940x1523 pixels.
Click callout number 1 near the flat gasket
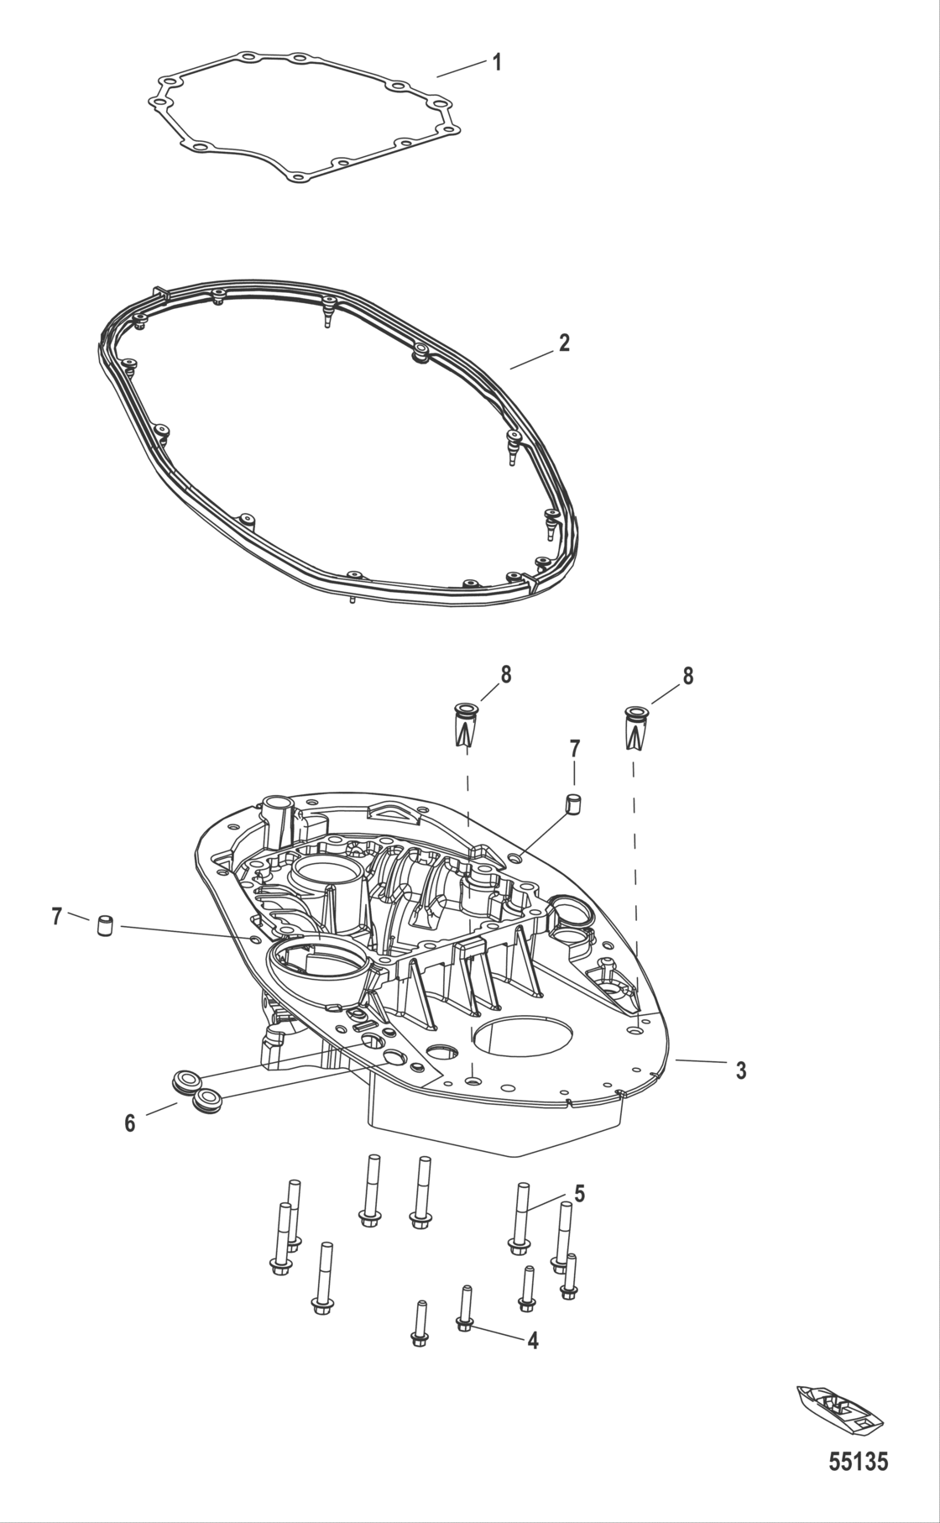(497, 62)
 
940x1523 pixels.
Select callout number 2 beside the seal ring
(564, 343)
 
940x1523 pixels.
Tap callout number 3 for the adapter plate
(741, 1070)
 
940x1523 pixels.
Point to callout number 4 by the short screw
(532, 1341)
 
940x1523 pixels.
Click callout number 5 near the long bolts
(579, 1193)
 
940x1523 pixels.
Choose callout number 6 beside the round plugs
(130, 1123)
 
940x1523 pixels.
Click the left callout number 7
(57, 917)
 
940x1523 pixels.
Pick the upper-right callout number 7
(574, 747)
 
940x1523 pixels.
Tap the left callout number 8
(505, 674)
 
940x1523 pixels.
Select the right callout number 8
(688, 676)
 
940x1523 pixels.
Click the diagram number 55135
(858, 1463)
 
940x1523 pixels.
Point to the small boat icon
(839, 1408)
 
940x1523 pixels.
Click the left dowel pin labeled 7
(105, 927)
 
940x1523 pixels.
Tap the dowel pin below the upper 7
(574, 803)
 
